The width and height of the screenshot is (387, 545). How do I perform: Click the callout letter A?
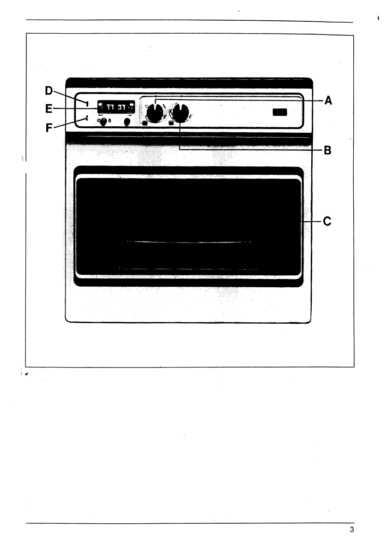coord(328,100)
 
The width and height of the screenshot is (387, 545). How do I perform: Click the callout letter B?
coord(327,150)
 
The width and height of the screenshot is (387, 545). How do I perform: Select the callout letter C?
coord(327,222)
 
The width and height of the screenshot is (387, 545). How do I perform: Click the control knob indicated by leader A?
coord(156,112)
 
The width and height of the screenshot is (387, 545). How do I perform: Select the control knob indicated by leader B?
coord(180,112)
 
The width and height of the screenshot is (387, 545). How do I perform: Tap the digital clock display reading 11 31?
coord(115,107)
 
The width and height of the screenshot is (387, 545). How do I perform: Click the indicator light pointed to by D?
coord(87,102)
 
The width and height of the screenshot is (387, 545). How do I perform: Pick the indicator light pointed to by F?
coord(86,118)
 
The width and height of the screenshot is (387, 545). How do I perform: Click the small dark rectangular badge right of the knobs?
coord(280,112)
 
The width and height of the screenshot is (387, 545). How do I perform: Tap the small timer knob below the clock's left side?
coord(104,121)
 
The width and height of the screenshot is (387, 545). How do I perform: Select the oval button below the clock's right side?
coord(127,122)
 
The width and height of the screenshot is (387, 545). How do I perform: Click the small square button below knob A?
coord(145,123)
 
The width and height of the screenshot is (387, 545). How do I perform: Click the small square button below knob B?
coord(171,123)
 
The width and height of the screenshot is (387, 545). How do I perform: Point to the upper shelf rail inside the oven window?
coord(189,241)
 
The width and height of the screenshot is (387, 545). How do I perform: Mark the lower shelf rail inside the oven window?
coord(189,268)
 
